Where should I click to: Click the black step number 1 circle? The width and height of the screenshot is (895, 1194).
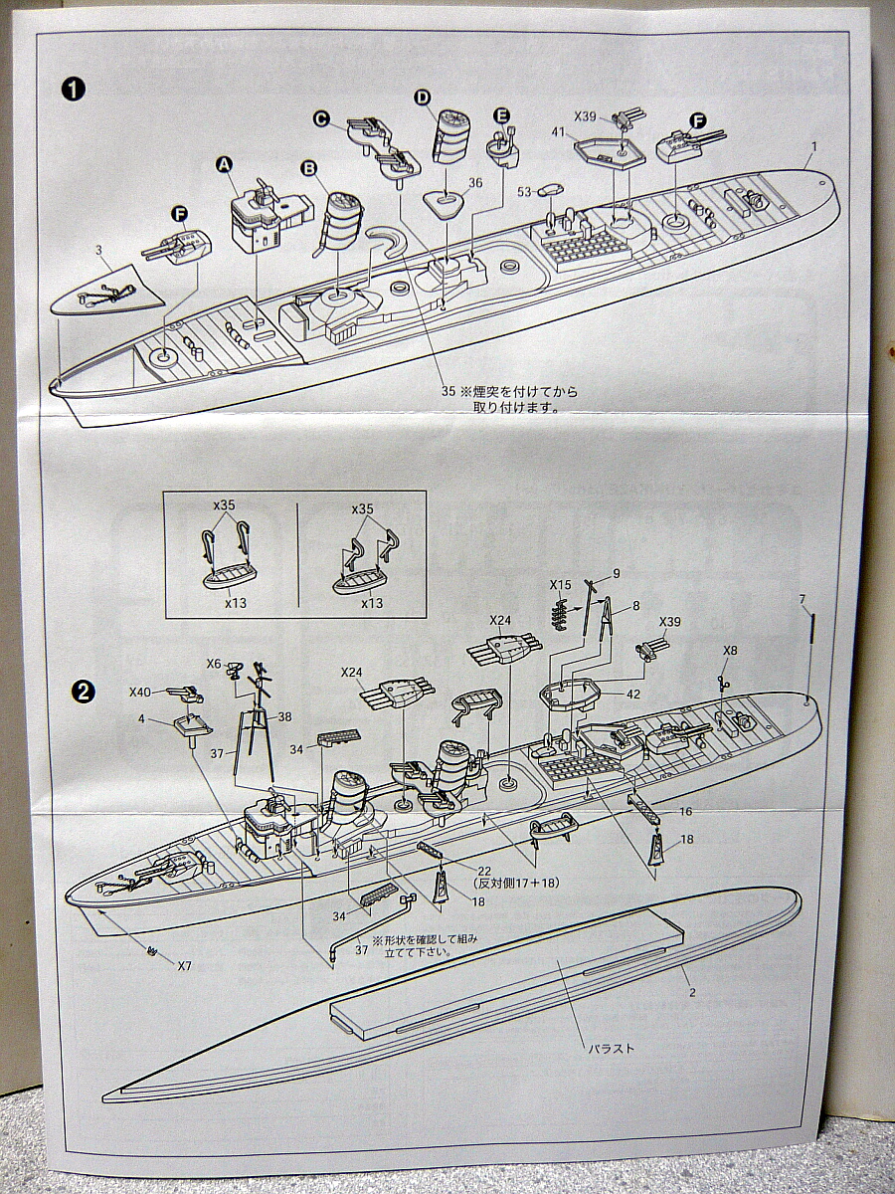[x=74, y=90]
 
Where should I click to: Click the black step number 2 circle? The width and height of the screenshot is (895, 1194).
[x=85, y=689]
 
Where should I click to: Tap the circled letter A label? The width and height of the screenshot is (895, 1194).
[x=224, y=164]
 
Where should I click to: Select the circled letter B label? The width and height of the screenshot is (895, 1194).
[x=309, y=168]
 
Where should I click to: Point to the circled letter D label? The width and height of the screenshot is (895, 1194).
[x=422, y=97]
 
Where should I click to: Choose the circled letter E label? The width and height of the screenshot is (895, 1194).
[x=501, y=115]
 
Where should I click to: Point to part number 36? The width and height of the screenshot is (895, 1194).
[x=475, y=182]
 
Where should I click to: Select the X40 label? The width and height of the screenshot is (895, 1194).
[x=140, y=692]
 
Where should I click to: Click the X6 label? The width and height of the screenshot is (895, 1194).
[x=214, y=664]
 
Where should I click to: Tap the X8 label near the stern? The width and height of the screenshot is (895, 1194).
[x=731, y=650]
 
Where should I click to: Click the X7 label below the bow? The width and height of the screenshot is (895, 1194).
[x=184, y=965]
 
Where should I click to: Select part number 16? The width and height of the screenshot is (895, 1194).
[x=685, y=812]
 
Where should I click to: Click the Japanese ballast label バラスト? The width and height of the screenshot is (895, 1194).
[x=610, y=1048]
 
